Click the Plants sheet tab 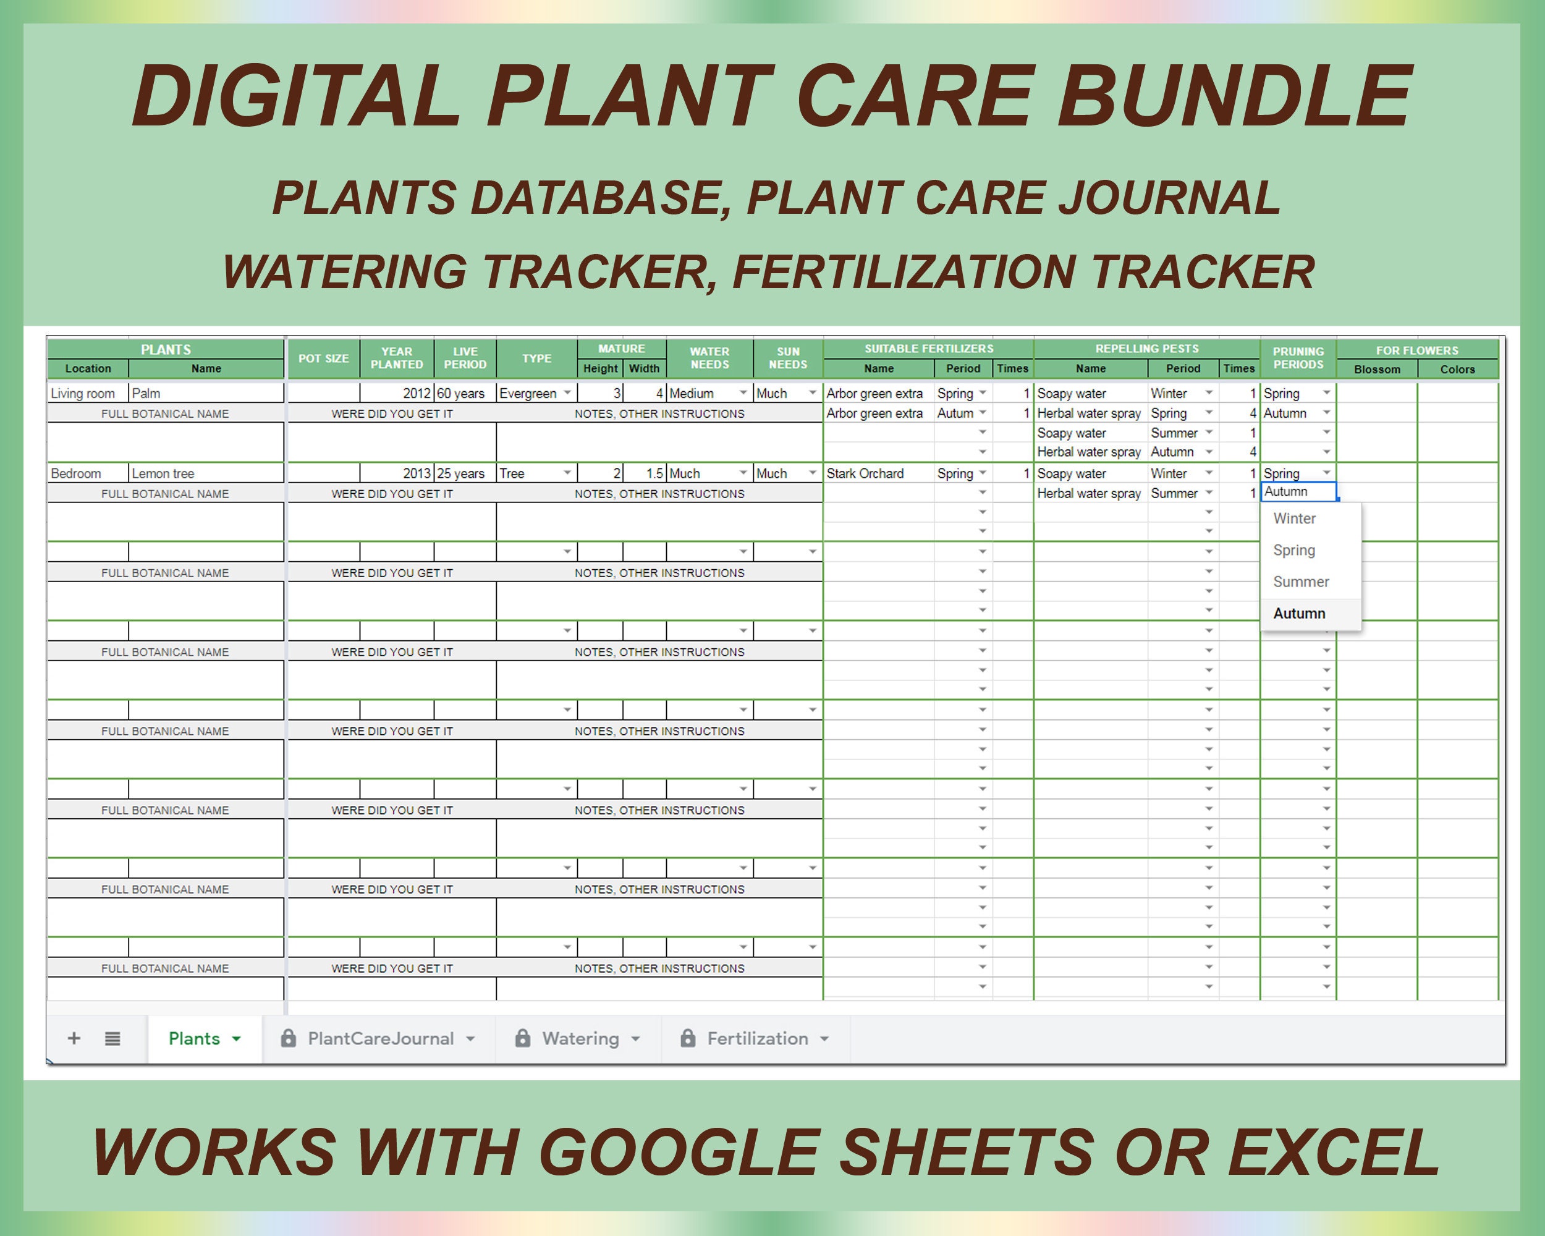[204, 1038]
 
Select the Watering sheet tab [578, 1038]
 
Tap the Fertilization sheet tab [755, 1038]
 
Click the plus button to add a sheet [74, 1038]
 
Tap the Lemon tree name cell [206, 473]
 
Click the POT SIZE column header [324, 358]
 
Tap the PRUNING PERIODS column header [1298, 358]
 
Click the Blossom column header [1377, 369]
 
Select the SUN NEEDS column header [787, 358]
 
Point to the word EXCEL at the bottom [1333, 1152]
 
